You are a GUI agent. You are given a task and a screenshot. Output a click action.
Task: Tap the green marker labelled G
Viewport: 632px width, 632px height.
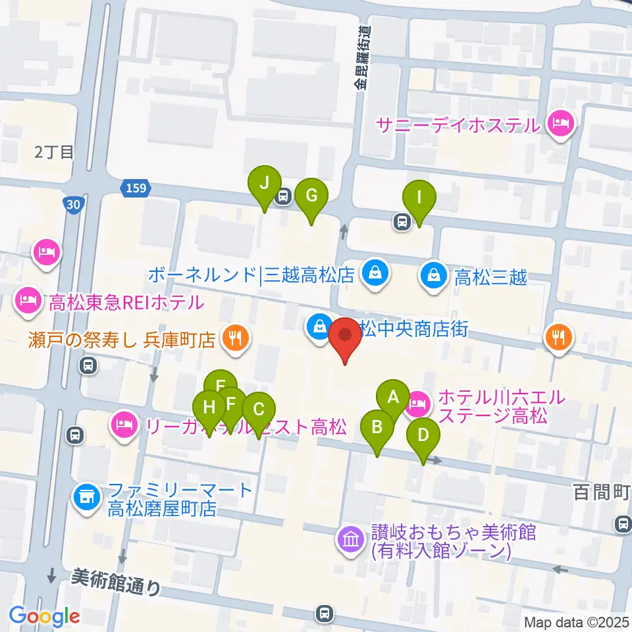(311, 196)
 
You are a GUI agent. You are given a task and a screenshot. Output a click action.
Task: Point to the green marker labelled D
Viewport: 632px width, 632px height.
(423, 436)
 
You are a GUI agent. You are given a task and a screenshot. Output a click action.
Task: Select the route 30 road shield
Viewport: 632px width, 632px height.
(74, 205)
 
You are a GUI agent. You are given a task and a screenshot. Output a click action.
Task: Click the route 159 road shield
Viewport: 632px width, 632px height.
(134, 189)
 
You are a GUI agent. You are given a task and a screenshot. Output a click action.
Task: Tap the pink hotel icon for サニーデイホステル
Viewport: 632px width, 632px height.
(560, 124)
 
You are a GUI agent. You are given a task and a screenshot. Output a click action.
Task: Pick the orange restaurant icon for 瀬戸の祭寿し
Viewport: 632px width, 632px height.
(234, 339)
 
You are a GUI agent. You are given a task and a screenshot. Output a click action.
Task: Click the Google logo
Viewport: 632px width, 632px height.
(45, 616)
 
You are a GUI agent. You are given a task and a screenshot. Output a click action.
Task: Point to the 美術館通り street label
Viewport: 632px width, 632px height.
(117, 581)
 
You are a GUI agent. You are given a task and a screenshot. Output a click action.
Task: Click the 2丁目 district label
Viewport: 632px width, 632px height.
(54, 152)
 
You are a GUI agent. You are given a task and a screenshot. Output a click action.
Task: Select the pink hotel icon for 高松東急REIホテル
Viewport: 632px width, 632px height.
(28, 303)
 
